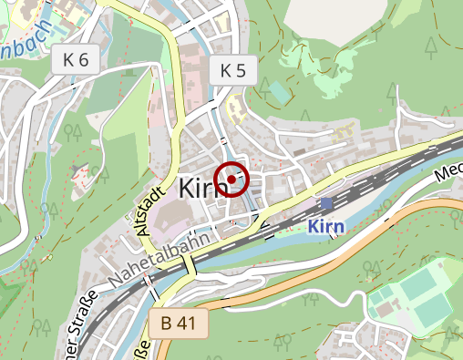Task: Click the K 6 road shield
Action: [x=76, y=61]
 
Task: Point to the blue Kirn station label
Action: [x=329, y=226]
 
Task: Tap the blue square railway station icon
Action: [x=326, y=203]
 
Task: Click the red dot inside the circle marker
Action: [x=231, y=180]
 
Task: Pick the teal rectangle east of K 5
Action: [x=277, y=91]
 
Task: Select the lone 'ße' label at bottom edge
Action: [x=141, y=352]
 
